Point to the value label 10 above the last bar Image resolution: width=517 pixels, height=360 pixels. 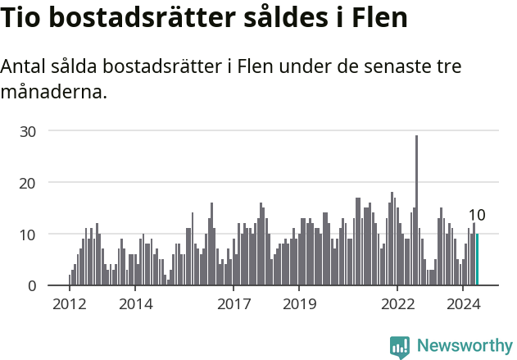click(x=476, y=216)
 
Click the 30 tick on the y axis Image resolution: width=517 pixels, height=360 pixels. click(x=28, y=131)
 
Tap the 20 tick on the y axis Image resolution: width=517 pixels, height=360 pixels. click(x=28, y=183)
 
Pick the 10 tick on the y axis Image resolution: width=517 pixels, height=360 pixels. click(x=28, y=235)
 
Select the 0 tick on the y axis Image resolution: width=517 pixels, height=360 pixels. click(x=32, y=286)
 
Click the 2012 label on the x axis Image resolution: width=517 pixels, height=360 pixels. click(x=70, y=304)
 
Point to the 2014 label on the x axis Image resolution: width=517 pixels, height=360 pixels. click(x=135, y=304)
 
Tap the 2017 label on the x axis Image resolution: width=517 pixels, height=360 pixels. click(x=234, y=304)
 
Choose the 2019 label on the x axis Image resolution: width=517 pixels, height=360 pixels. click(x=299, y=304)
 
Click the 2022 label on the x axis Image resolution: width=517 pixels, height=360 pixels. click(x=398, y=304)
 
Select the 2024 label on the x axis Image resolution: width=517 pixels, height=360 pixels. click(x=463, y=304)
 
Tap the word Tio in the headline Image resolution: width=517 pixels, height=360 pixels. click(x=22, y=18)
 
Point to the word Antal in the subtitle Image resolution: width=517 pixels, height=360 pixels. click(x=25, y=66)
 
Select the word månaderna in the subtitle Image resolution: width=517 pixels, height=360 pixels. click(x=53, y=91)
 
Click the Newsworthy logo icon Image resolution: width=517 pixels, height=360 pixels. click(x=400, y=347)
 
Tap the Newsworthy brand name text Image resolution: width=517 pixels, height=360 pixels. click(x=464, y=346)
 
